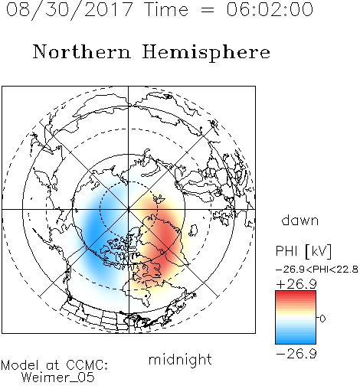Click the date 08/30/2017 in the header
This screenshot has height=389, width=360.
(x=70, y=10)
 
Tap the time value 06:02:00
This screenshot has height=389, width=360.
(x=270, y=9)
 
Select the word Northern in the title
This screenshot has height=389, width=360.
(x=82, y=52)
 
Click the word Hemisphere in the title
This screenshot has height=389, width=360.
(x=206, y=53)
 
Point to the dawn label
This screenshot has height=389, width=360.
(x=300, y=220)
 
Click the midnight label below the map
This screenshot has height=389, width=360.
(x=180, y=359)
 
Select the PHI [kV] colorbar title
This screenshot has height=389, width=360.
(x=304, y=251)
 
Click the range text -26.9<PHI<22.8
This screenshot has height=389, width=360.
(x=317, y=270)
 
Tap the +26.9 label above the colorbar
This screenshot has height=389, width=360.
(x=296, y=284)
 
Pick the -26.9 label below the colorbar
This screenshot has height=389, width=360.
(x=296, y=354)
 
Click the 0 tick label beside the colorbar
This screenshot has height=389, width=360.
(x=322, y=319)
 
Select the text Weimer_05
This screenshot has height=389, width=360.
(x=57, y=378)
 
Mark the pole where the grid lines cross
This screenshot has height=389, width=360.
(x=129, y=209)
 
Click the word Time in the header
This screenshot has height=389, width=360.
(x=166, y=9)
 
